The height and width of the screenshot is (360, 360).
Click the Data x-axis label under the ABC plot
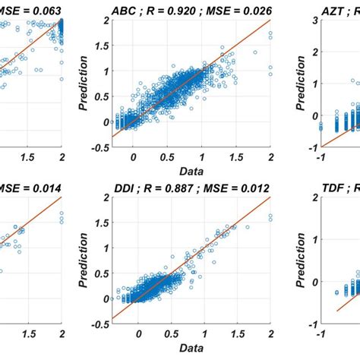(x=190, y=172)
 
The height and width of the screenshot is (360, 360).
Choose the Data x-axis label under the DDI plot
(x=190, y=349)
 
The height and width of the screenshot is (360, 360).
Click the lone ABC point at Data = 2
(x=270, y=68)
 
